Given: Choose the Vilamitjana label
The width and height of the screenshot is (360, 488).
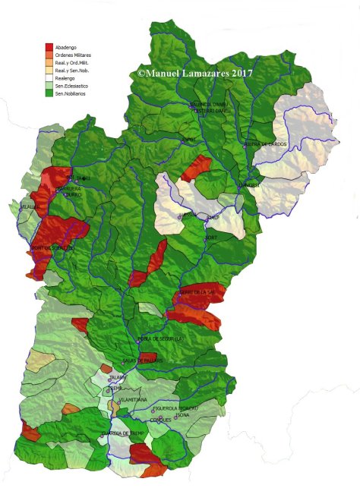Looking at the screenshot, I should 133,399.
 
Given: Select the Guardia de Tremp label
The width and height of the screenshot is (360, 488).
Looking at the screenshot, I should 122,433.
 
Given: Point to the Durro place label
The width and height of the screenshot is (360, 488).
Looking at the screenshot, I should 73,193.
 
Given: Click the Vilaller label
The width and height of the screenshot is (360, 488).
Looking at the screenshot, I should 30,206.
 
